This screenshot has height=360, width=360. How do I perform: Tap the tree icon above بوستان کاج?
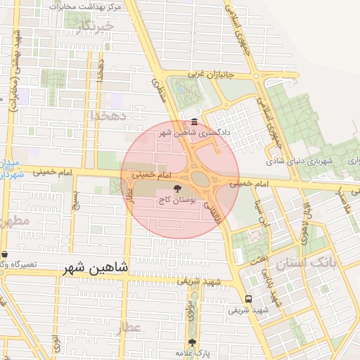(x=177, y=188)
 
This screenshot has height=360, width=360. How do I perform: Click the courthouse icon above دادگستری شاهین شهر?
(x=194, y=121)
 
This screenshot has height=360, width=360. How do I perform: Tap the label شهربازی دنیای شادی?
(x=298, y=161)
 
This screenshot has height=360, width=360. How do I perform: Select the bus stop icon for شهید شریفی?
(x=247, y=298)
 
